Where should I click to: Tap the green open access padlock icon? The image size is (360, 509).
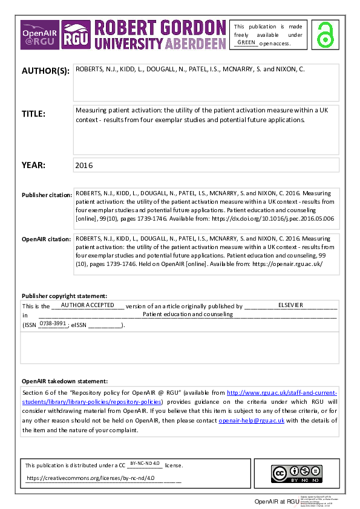[327, 34]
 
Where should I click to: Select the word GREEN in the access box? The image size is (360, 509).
[246, 42]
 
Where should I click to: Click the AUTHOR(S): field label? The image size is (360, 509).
[45, 71]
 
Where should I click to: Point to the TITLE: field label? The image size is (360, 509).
[34, 114]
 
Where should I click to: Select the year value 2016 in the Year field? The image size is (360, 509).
[84, 165]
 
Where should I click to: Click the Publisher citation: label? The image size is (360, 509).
[46, 195]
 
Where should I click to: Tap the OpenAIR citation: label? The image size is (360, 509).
[46, 239]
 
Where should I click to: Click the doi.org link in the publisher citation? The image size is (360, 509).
[284, 218]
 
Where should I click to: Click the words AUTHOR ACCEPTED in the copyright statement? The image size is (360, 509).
[87, 305]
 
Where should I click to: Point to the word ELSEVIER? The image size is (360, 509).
[290, 305]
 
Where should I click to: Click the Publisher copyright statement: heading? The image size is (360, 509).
[64, 296]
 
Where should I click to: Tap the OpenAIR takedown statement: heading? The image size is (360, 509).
[65, 381]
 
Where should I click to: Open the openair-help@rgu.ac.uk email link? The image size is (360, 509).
[251, 421]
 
